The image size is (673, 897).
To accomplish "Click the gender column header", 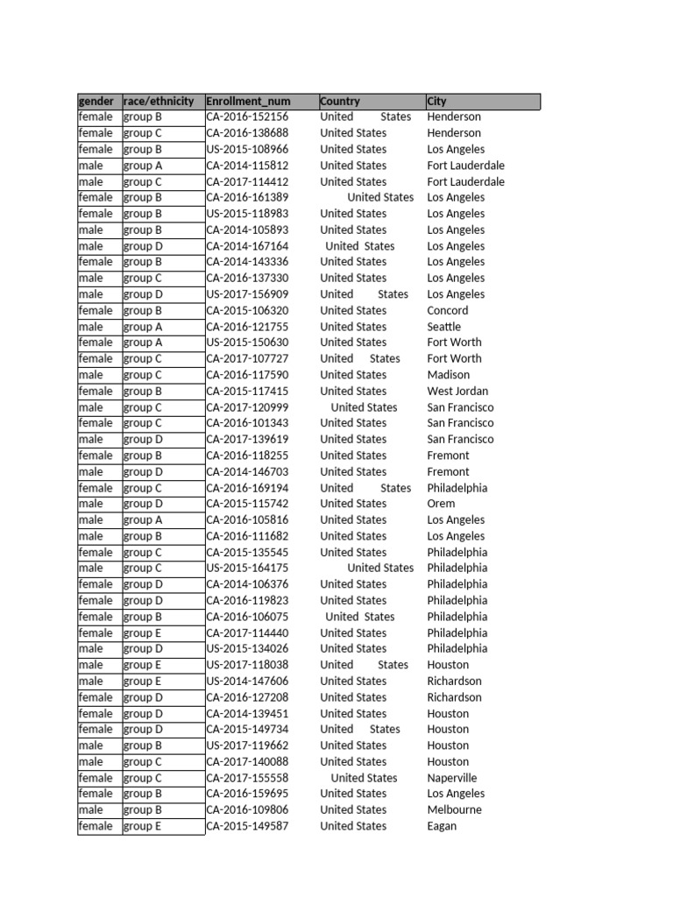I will [x=96, y=102].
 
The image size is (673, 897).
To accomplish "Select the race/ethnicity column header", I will [x=159, y=102].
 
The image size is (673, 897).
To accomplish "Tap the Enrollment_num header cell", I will [x=248, y=102].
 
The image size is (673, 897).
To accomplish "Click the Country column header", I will [x=340, y=102].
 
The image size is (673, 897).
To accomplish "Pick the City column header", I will [x=437, y=102].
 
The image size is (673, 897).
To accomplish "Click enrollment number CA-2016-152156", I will [x=247, y=117].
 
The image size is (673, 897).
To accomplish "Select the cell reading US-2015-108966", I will [x=247, y=149].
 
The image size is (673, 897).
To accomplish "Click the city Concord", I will [x=448, y=310].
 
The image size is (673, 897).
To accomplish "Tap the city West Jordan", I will [x=457, y=391].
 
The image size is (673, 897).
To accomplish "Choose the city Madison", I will [x=449, y=375].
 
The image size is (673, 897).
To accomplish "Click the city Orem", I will [x=441, y=504].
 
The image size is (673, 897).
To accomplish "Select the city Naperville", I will [x=452, y=778].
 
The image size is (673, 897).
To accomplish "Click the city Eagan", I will [x=442, y=826].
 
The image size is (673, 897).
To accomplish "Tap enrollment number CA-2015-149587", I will [x=247, y=826].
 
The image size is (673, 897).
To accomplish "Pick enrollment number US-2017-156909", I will [x=247, y=294].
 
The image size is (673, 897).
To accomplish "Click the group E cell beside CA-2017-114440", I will [x=142, y=632].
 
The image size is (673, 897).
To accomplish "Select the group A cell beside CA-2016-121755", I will [x=143, y=327].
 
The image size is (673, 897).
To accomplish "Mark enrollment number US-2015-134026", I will [x=247, y=648].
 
